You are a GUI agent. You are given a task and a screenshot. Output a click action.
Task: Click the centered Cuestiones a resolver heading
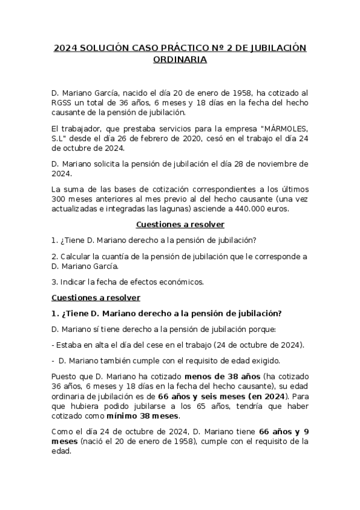click(x=180, y=224)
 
